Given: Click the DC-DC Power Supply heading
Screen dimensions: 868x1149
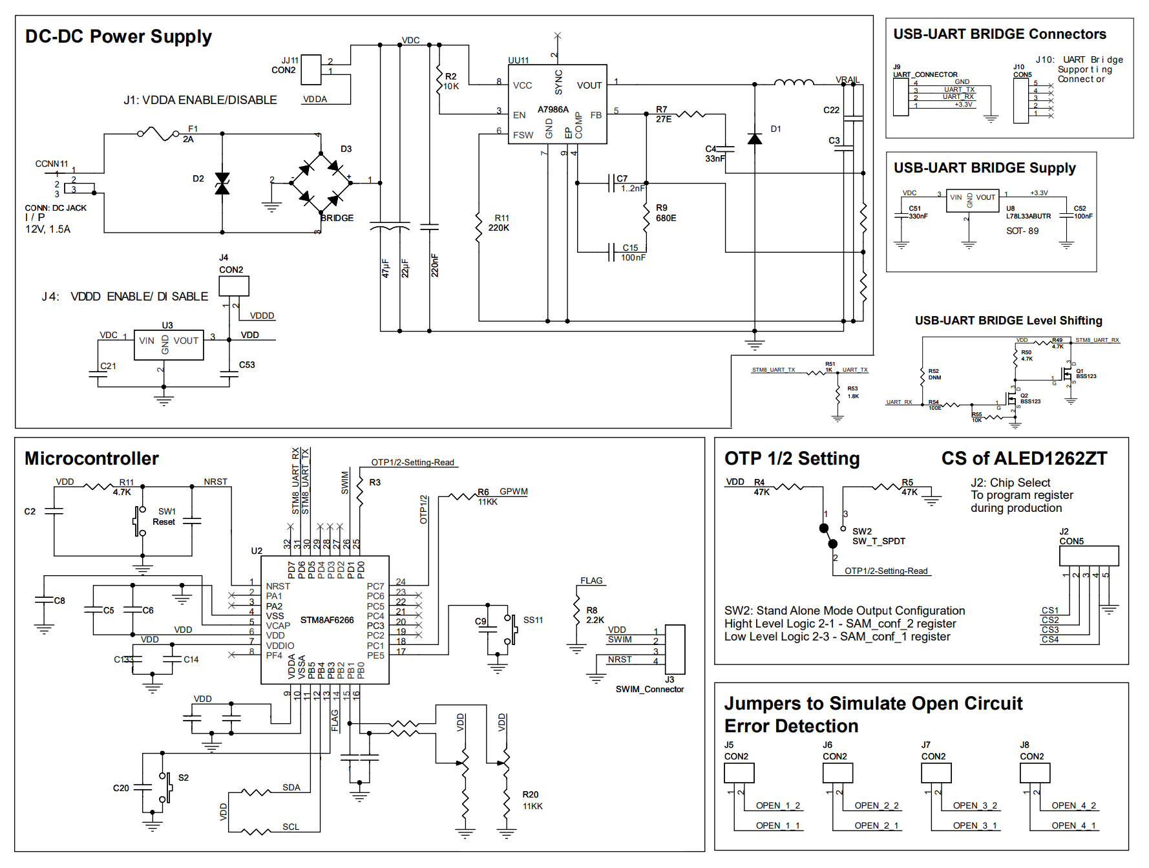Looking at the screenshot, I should (x=118, y=36).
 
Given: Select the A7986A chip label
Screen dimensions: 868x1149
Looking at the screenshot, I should (x=553, y=109).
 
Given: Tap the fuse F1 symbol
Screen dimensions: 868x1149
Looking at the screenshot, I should (x=158, y=134).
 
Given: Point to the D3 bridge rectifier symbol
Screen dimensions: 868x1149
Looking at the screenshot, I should (x=321, y=183).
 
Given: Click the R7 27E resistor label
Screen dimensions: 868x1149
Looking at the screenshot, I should (x=664, y=114).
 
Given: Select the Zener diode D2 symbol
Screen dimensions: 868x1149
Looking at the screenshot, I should (x=222, y=183).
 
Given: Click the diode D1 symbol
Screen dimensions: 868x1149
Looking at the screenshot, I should (x=754, y=138).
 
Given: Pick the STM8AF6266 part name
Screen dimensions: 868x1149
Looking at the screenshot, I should (x=327, y=620).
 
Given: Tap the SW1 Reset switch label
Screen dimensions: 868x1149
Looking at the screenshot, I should (x=165, y=516).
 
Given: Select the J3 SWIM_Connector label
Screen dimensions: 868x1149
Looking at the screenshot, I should (x=649, y=685).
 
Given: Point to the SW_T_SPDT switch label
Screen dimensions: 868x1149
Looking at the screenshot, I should (x=878, y=541).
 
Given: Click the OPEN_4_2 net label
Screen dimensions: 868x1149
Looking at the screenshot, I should (x=1073, y=805).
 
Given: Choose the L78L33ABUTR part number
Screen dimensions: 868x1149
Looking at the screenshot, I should (x=1028, y=216).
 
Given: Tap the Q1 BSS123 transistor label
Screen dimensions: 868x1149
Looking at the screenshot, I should (x=1086, y=374).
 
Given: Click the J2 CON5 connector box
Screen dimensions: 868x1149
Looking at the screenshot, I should (x=1088, y=555).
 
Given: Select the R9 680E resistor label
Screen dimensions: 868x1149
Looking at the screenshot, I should (x=666, y=213).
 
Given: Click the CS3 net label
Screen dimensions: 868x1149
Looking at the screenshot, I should (x=1050, y=630).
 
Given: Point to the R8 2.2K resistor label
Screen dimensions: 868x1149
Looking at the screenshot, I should (x=595, y=615).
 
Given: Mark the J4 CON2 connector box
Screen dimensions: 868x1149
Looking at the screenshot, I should (x=233, y=286).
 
